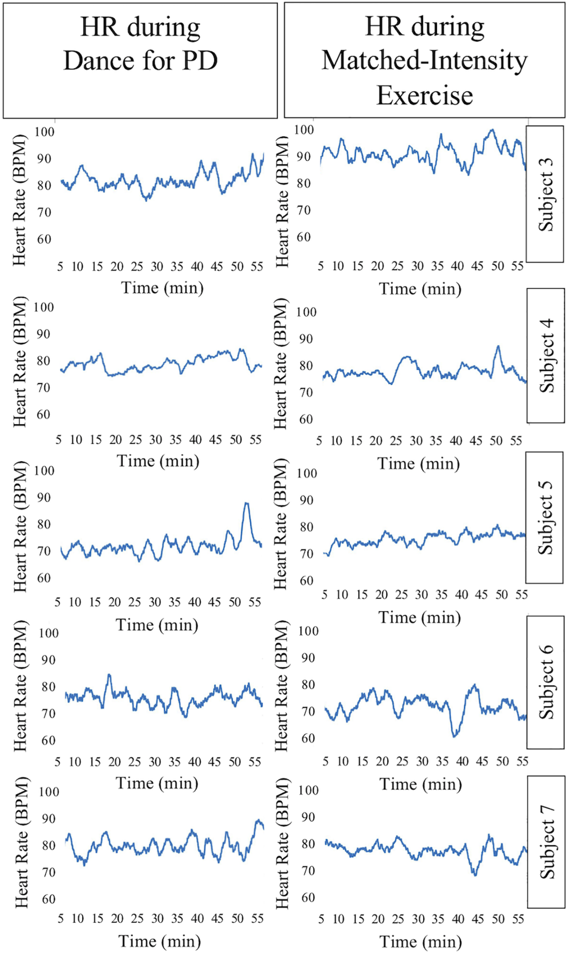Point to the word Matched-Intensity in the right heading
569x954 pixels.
[424, 61]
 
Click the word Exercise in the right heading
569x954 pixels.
[424, 95]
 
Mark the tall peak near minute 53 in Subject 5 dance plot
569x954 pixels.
[246, 503]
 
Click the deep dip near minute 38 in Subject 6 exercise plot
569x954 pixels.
[455, 735]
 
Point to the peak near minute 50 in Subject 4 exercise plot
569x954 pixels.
[498, 346]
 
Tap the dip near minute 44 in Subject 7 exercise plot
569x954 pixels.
[476, 875]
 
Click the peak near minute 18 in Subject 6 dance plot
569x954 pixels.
[109, 675]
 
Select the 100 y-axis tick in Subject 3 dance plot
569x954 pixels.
[45, 132]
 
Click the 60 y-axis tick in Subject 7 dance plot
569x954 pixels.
[49, 899]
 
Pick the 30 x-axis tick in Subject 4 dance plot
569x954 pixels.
[155, 440]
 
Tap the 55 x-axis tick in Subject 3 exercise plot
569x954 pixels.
[517, 266]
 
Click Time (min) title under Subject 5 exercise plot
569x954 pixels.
[420, 617]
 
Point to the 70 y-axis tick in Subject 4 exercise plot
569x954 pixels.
[305, 392]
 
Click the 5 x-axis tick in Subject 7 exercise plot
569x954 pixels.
[321, 919]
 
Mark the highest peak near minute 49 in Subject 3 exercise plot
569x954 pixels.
[492, 130]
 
